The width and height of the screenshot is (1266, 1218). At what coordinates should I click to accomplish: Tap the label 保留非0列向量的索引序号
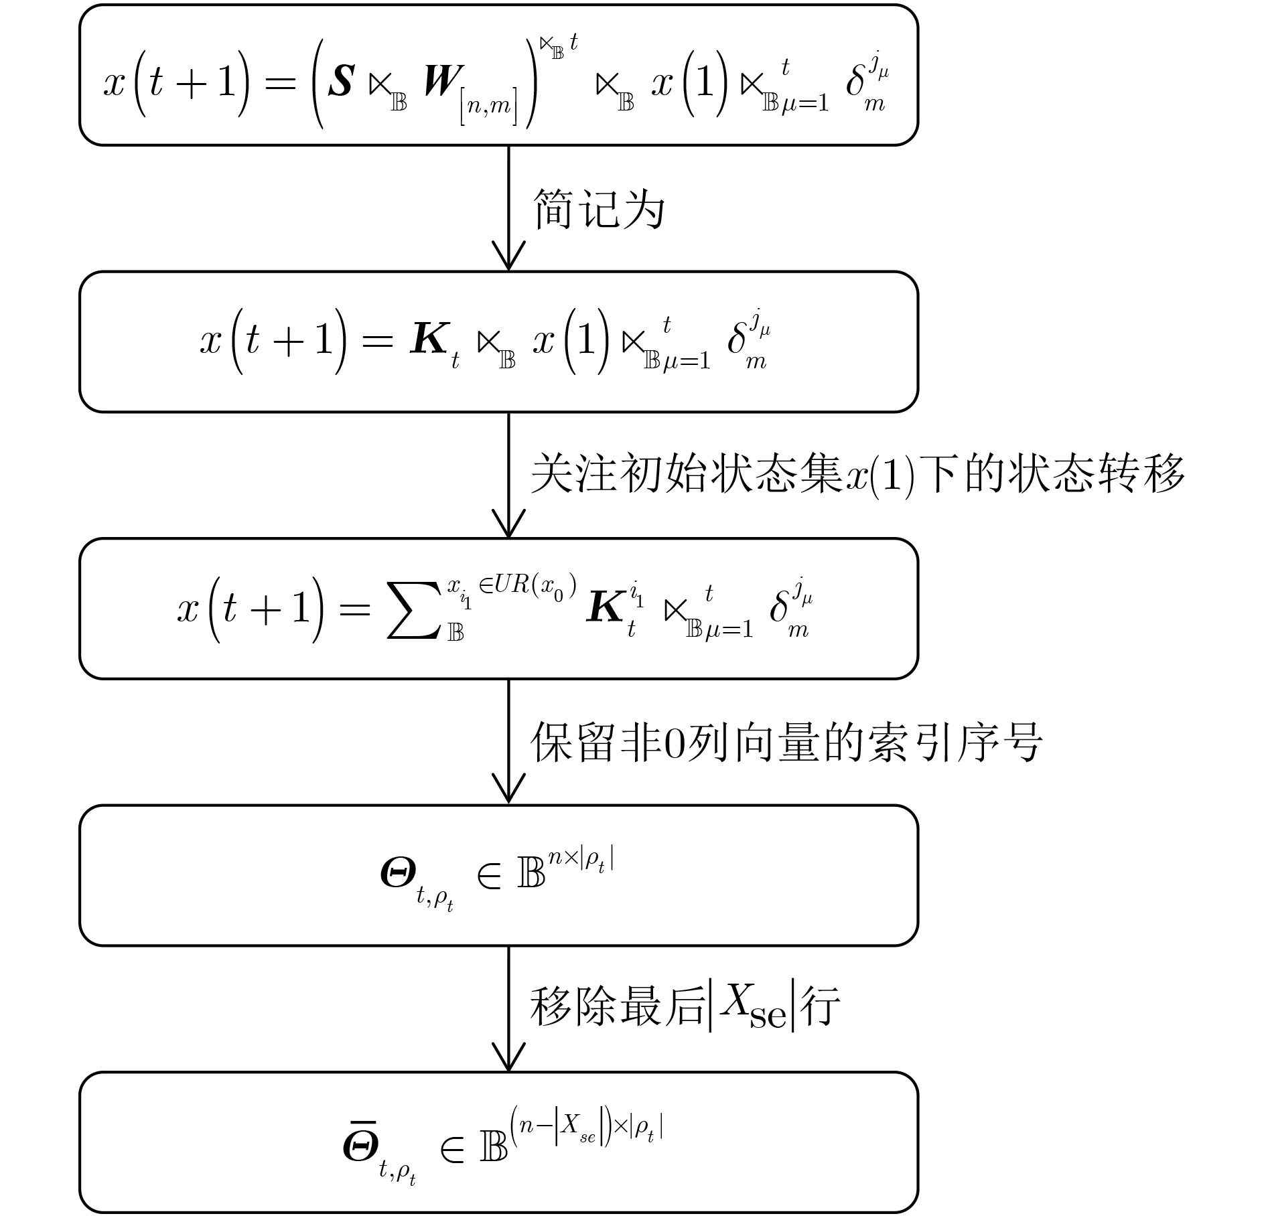787,742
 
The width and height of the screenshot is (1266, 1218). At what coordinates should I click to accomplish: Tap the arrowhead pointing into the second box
508,256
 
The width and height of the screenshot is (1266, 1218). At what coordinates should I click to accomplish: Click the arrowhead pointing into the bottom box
508,1056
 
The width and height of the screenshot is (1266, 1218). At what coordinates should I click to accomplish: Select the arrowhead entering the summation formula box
508,522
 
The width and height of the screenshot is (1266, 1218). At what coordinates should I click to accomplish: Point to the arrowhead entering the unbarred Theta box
508,789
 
